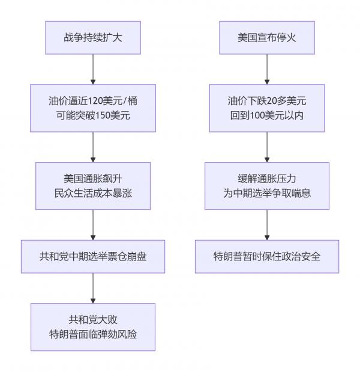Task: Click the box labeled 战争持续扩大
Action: (x=93, y=37)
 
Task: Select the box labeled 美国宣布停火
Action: (x=267, y=37)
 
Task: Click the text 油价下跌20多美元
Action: (x=267, y=100)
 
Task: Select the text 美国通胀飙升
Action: (x=93, y=178)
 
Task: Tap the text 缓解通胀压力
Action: (x=267, y=178)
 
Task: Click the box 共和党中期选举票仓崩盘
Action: (x=93, y=256)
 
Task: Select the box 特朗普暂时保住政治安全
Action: (x=267, y=256)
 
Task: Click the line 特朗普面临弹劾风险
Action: (x=93, y=334)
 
